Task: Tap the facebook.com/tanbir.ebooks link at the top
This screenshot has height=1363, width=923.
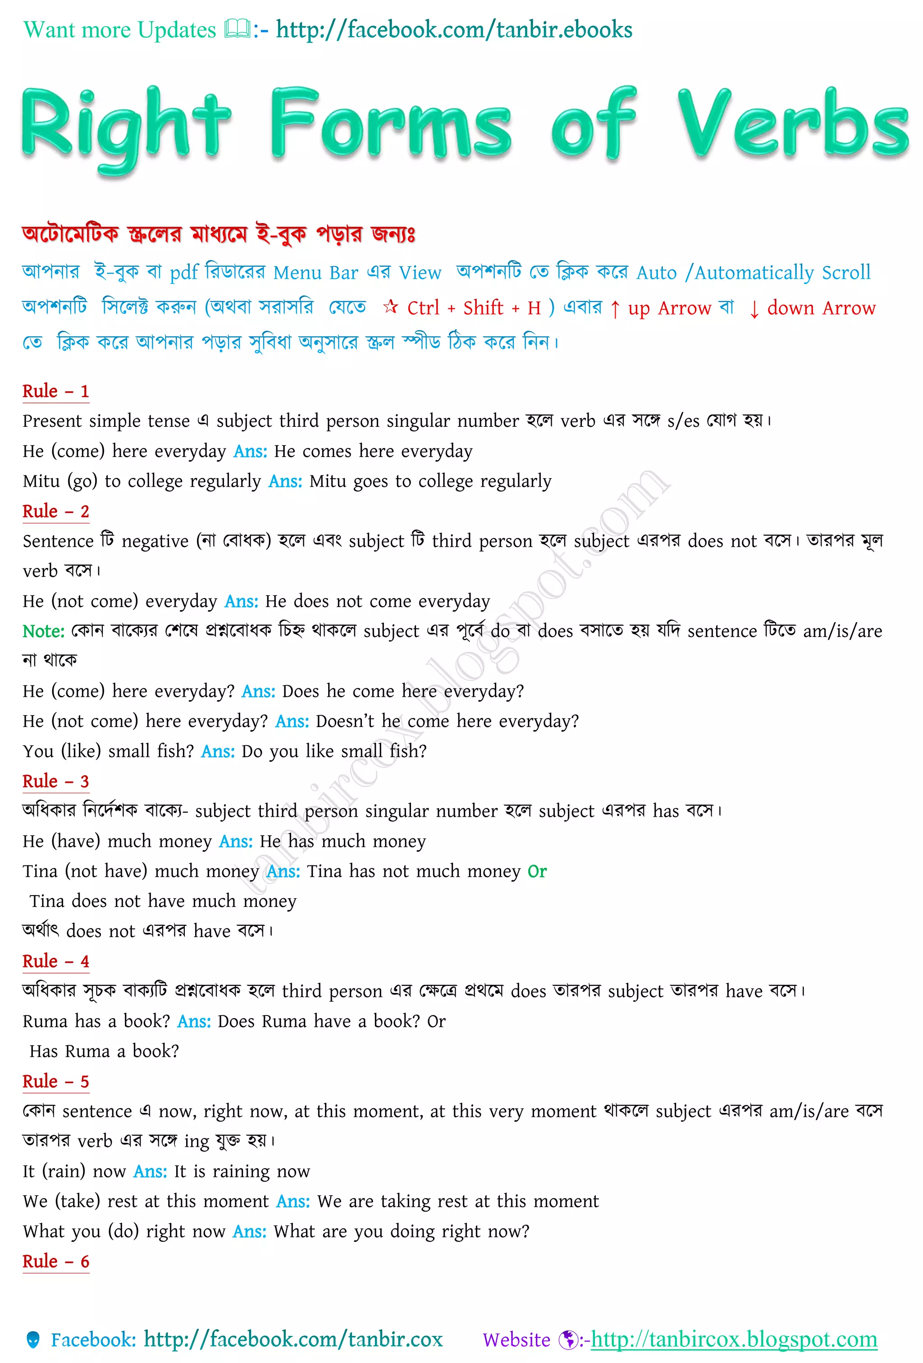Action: [454, 30]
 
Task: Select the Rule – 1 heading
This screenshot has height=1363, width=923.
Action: [56, 391]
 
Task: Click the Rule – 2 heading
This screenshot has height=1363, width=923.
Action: [56, 512]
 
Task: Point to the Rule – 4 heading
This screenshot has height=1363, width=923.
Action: [56, 961]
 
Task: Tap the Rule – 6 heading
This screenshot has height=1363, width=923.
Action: [56, 1262]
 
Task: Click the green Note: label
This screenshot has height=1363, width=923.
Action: [43, 631]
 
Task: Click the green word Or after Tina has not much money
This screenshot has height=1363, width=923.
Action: [537, 872]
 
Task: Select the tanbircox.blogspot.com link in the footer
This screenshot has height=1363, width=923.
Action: [734, 1340]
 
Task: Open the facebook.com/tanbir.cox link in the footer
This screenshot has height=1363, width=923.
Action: [293, 1340]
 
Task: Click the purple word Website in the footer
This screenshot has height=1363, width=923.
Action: [516, 1340]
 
